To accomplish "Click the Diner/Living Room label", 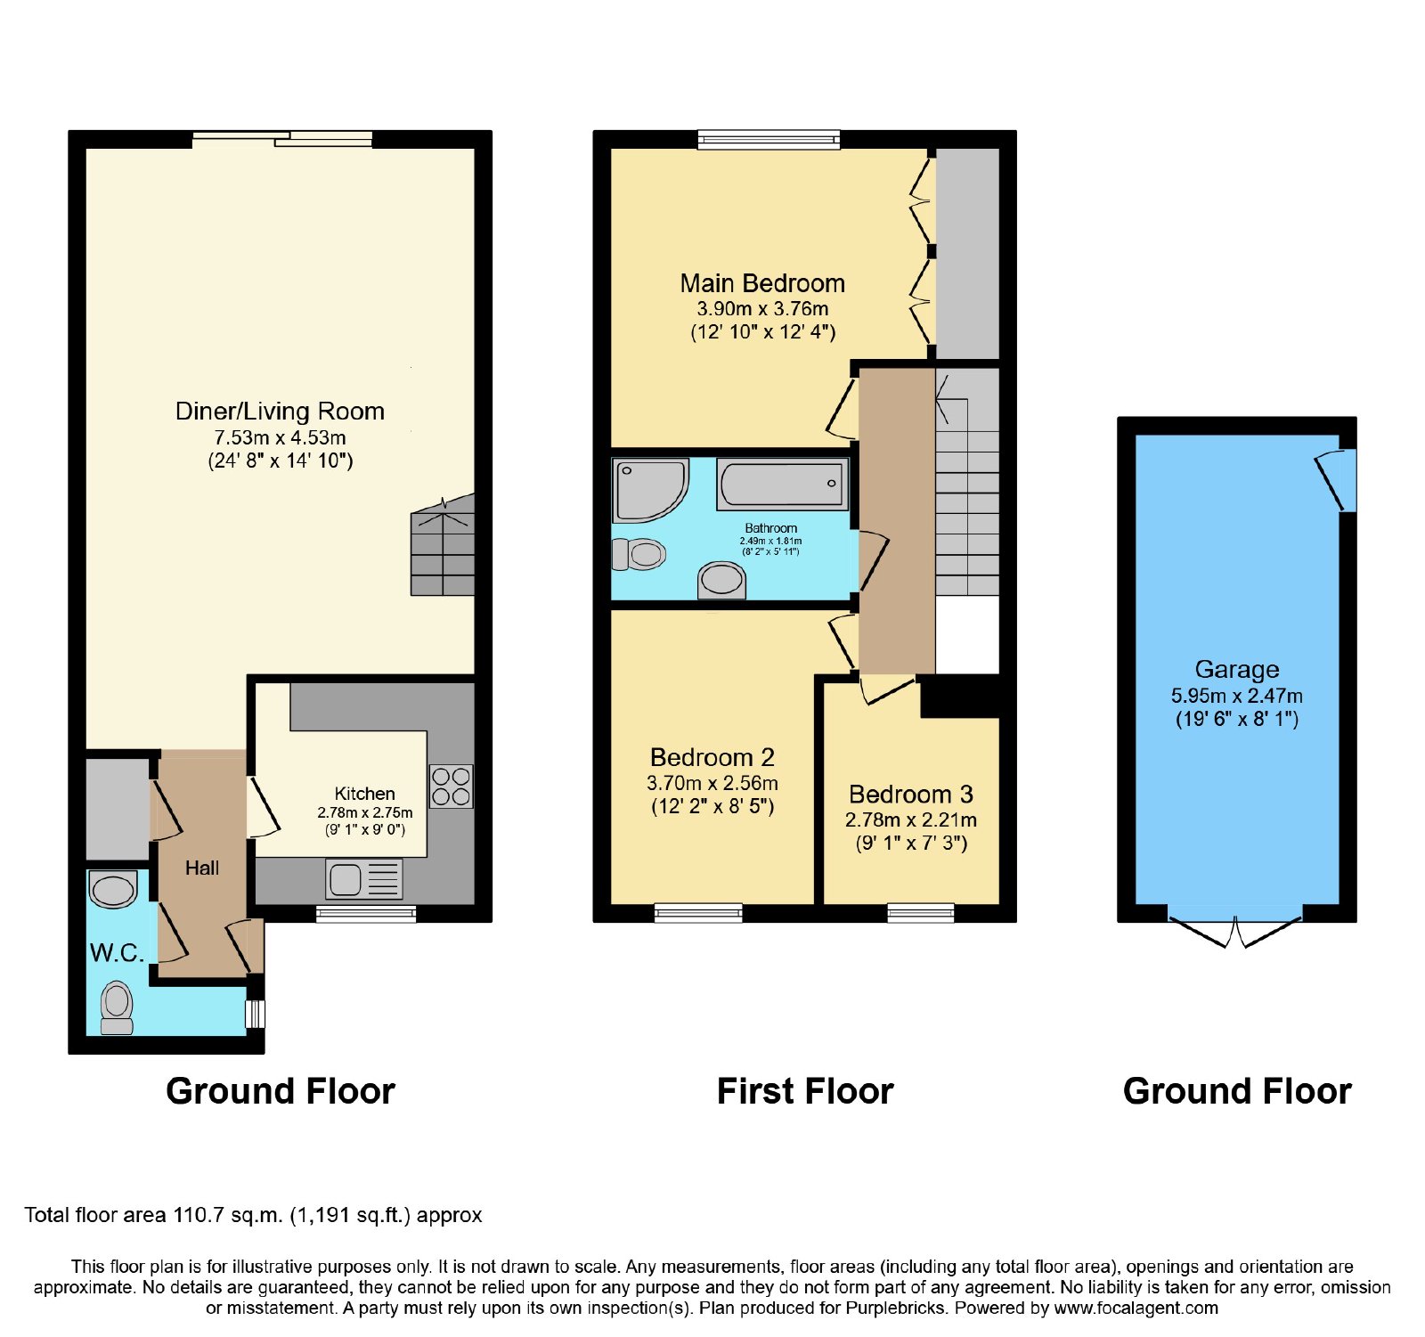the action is click(280, 412).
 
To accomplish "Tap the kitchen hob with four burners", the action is click(452, 787).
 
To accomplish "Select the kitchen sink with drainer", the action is click(364, 879).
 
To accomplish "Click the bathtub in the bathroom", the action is click(783, 485).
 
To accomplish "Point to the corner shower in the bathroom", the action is click(650, 490).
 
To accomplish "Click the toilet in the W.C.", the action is click(117, 1007).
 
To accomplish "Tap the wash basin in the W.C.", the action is click(113, 890).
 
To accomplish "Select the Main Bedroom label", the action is click(762, 283).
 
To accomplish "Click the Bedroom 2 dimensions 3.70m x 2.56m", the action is click(712, 784).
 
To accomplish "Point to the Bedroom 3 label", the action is click(911, 794).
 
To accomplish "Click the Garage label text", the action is click(1237, 669).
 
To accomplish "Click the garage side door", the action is click(1337, 480).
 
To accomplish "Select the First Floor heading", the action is click(805, 1091).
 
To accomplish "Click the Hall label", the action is click(202, 868).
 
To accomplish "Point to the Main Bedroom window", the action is click(769, 139).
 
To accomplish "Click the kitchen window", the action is click(366, 913).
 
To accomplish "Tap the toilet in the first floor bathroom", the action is click(639, 554).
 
